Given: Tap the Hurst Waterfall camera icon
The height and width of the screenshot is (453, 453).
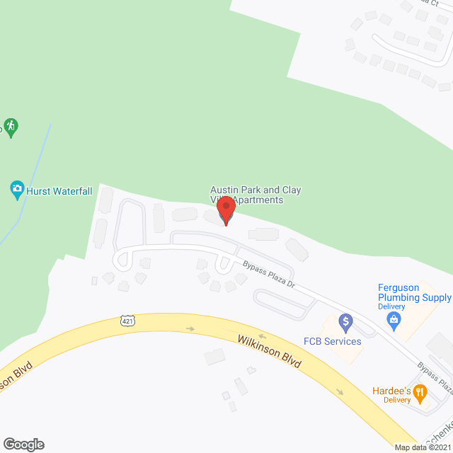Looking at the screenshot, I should point(17,189).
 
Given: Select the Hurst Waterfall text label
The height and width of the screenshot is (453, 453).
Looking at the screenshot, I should point(59,191).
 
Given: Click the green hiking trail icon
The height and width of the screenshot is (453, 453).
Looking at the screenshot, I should point(10,127).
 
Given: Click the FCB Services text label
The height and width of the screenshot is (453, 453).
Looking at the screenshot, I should point(333,342).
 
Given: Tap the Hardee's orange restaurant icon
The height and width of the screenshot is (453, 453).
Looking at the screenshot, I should point(420,391).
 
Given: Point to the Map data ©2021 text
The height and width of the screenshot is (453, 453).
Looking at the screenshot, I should point(422,447).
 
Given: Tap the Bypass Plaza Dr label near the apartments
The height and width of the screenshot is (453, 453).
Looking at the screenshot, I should point(269,273).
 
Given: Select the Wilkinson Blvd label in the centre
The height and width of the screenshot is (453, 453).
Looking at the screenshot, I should point(270,353).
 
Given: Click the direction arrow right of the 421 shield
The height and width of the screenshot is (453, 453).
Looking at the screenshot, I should point(190,328).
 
